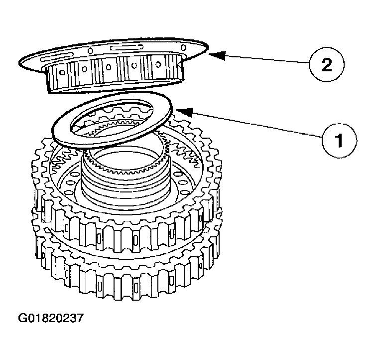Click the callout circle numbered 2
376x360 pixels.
[x=326, y=64]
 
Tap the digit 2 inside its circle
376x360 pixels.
[x=326, y=64]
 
